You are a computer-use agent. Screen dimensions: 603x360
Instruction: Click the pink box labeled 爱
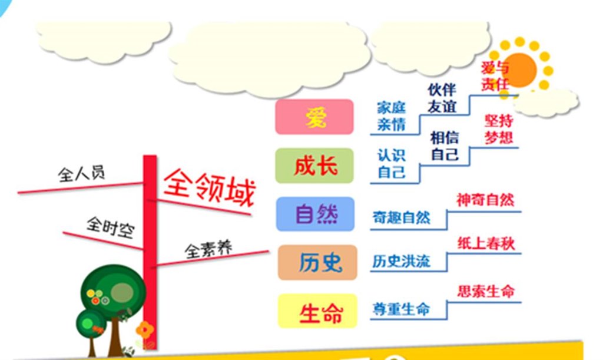point(314,117)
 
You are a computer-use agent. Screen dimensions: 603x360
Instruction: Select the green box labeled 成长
point(314,166)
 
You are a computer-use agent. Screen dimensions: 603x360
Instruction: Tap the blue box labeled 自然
point(316,214)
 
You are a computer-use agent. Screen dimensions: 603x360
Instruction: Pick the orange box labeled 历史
point(317,262)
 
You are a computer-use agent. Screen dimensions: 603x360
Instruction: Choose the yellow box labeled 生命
point(317,311)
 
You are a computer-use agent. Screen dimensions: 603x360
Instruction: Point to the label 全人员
point(81,173)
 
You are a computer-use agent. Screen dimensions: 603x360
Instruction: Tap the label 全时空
point(111,227)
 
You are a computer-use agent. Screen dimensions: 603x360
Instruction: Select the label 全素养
point(208,250)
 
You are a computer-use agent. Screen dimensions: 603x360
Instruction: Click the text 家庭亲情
point(391,116)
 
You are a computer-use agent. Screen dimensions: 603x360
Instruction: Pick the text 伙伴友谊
point(442,98)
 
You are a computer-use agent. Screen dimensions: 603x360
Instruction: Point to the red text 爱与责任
point(495,77)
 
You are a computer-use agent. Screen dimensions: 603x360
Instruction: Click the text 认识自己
point(391,164)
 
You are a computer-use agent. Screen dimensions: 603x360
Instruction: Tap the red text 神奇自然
point(485,200)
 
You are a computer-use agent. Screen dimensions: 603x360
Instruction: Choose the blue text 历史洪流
point(401,262)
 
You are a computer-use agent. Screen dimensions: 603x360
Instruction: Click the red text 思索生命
point(486,292)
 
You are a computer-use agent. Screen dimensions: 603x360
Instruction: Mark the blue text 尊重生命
point(401,309)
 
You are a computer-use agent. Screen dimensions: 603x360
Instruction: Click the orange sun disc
point(520,70)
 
